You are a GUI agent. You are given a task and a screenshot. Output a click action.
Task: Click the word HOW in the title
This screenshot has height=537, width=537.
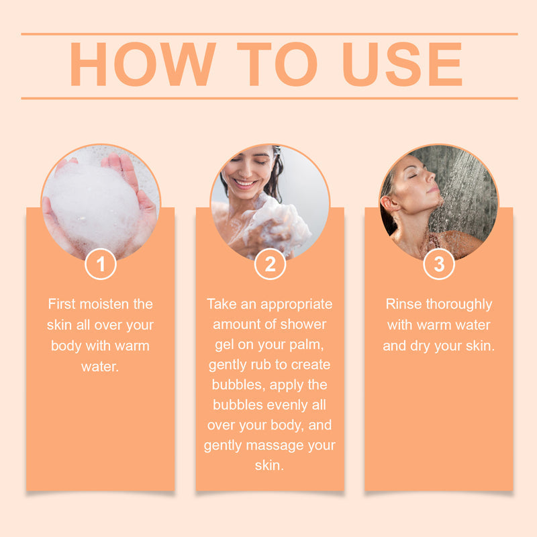click(143, 64)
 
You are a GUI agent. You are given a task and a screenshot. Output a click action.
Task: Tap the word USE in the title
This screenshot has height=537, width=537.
click(403, 64)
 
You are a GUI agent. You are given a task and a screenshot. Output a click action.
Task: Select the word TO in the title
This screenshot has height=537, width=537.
click(277, 64)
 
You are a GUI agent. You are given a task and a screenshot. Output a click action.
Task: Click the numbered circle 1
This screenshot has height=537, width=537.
click(101, 264)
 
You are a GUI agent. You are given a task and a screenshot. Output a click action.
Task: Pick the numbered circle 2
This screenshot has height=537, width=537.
click(271, 264)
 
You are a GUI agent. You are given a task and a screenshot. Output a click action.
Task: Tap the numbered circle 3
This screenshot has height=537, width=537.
click(439, 264)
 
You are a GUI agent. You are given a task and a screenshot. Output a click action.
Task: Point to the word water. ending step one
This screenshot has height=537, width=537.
click(100, 367)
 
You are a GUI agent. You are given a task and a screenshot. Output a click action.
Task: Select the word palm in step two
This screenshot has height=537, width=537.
click(308, 345)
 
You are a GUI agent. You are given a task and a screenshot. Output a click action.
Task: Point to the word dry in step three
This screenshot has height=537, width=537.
click(420, 346)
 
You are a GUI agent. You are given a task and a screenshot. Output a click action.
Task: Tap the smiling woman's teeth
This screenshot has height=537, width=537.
click(245, 183)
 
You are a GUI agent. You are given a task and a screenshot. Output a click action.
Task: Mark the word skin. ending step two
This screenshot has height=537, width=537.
click(269, 465)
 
